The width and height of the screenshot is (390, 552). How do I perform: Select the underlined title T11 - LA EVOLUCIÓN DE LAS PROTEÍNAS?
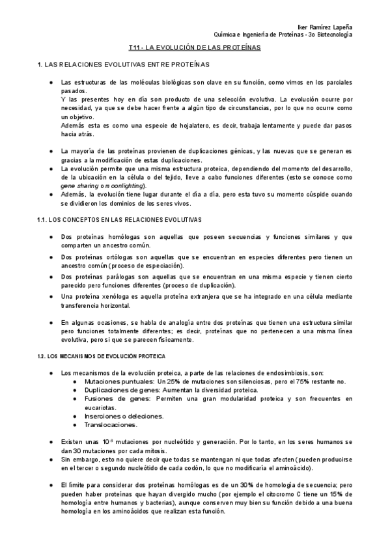[x=195, y=48]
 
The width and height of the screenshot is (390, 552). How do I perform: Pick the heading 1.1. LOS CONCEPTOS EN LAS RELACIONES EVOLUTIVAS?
[x=119, y=219]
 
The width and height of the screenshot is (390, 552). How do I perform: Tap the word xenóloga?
[x=117, y=297]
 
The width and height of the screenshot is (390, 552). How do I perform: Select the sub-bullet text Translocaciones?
[x=109, y=424]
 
